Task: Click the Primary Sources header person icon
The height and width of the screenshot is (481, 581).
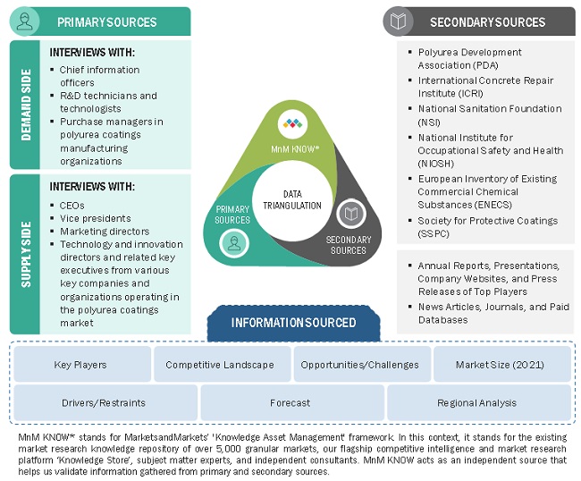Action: point(25,21)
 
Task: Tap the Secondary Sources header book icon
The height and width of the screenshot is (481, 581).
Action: point(399,21)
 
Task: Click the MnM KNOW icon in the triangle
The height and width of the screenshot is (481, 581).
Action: point(290,122)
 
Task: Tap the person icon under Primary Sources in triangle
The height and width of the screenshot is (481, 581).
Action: point(233,241)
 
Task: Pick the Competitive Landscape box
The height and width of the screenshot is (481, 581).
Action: point(220,365)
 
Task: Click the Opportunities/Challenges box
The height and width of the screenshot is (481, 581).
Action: point(359,365)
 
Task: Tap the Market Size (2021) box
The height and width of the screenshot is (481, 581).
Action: point(501,365)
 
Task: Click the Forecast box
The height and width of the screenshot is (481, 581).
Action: point(290,403)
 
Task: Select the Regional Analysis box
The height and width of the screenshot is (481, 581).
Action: point(477,403)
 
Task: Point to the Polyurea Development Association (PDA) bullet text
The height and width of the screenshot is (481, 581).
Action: point(470,58)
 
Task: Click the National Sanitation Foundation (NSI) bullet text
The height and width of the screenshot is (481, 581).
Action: point(490,109)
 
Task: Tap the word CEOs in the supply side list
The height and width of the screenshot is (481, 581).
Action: point(73,205)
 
